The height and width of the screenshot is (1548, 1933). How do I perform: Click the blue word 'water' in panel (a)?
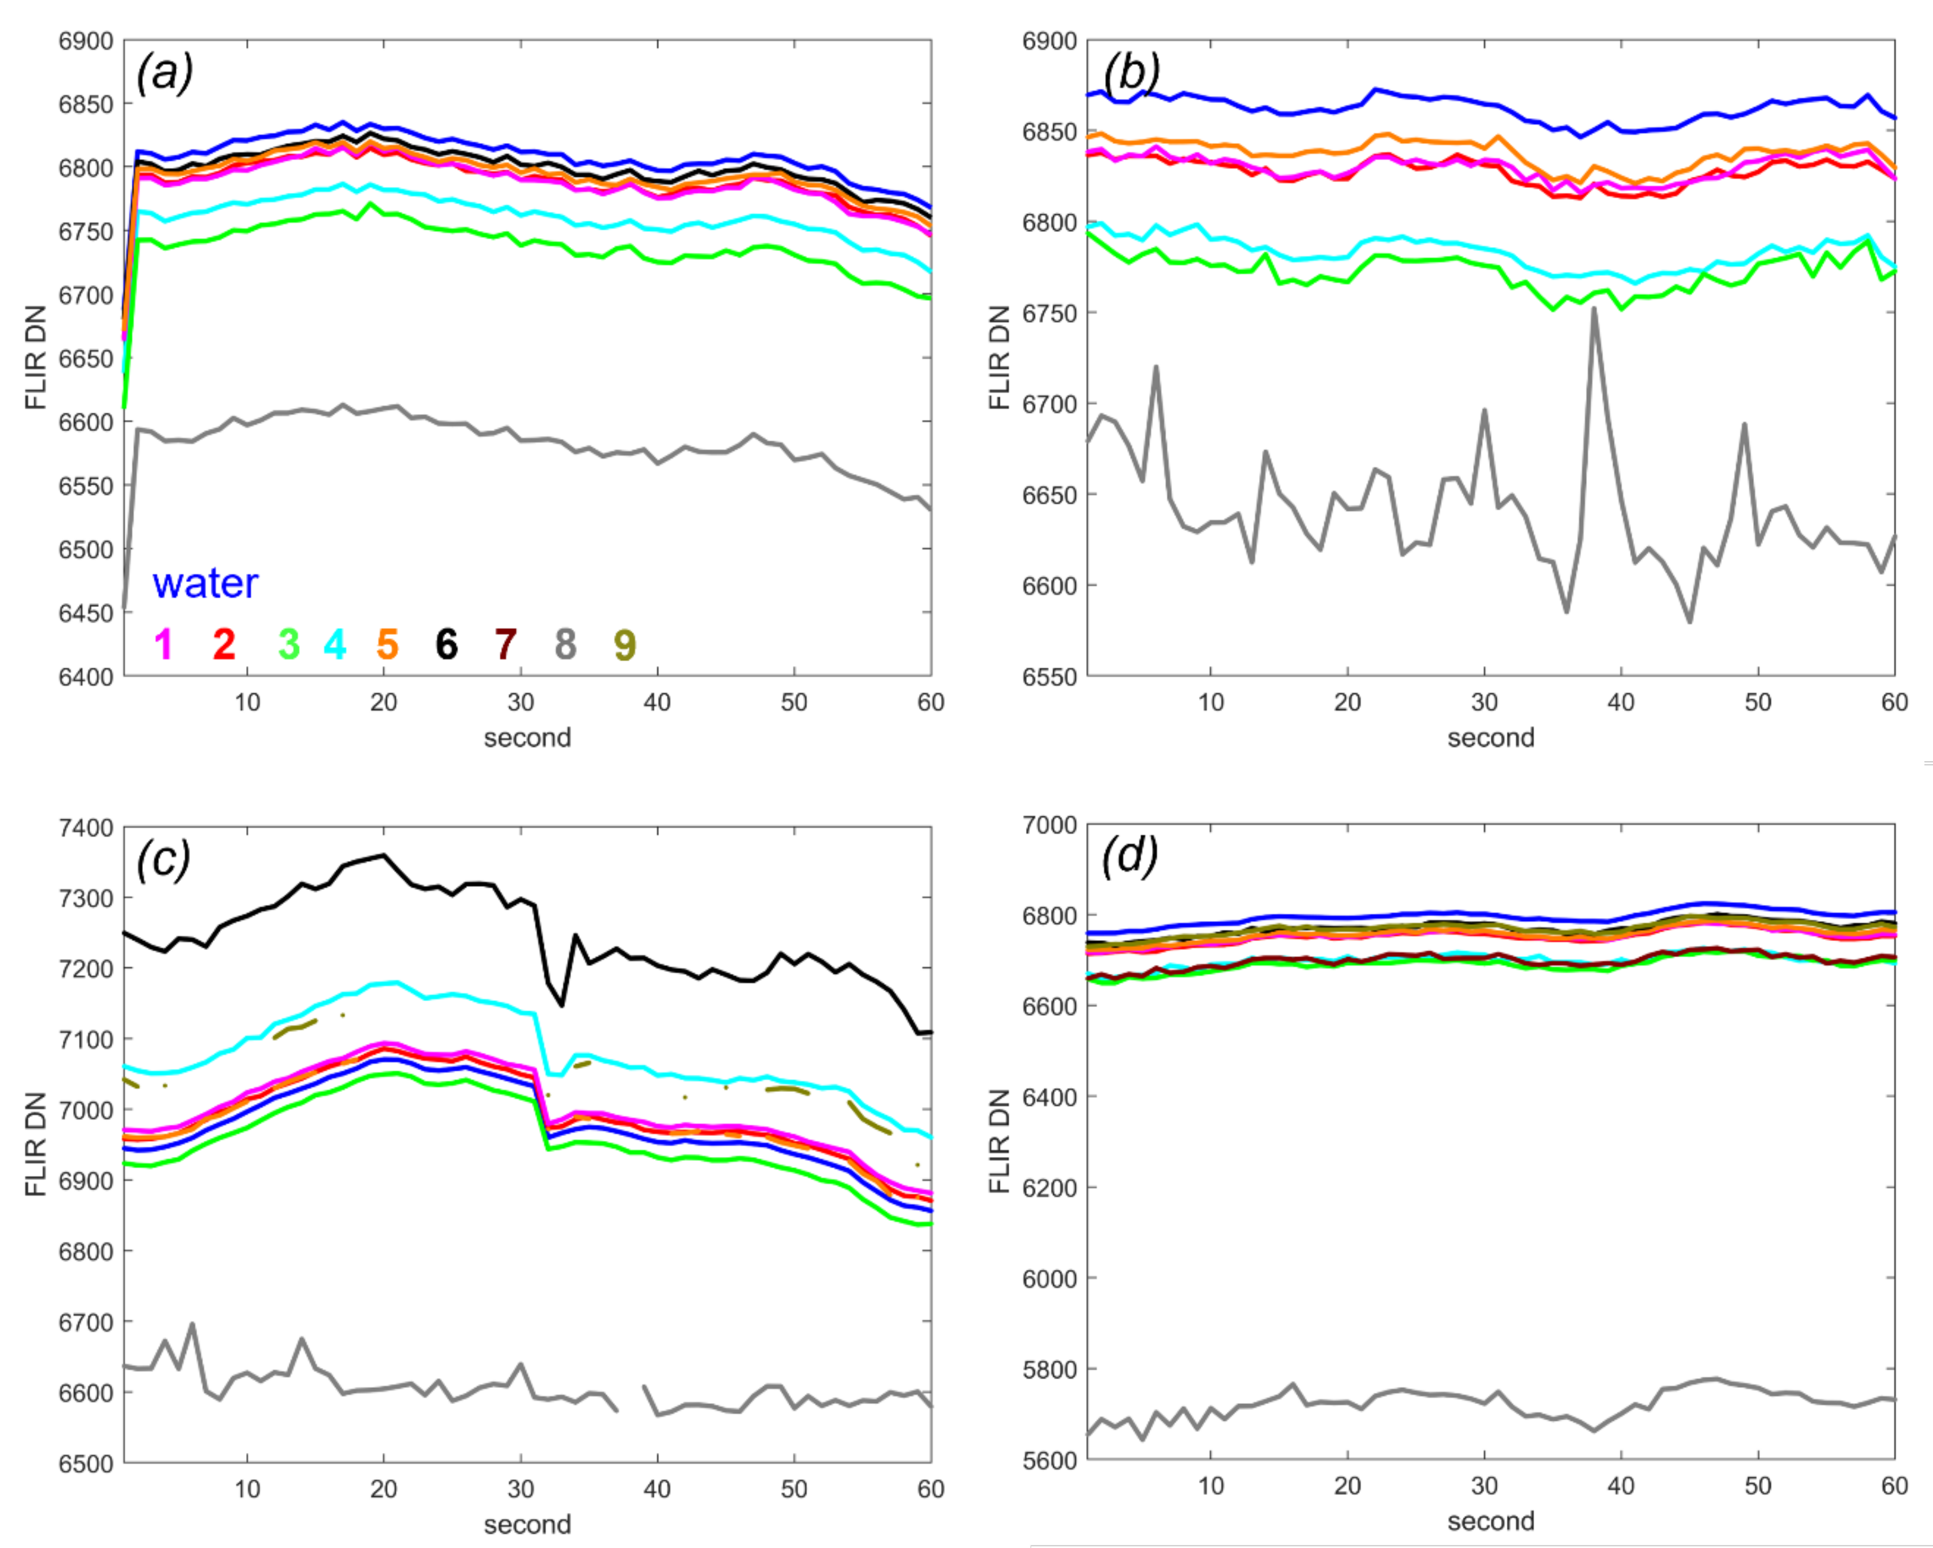(205, 583)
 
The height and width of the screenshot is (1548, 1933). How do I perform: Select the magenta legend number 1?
(164, 643)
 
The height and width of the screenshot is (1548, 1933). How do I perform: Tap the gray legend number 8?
(565, 643)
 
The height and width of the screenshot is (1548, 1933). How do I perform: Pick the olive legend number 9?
(625, 643)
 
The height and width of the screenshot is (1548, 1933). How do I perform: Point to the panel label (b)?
(1131, 72)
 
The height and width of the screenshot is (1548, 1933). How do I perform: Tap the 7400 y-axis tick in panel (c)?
(86, 827)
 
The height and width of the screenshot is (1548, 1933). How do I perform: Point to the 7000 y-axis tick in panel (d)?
(1050, 824)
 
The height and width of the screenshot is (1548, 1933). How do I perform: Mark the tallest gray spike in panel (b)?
(1593, 310)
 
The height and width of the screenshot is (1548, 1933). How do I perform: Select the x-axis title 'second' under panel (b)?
(1491, 737)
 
